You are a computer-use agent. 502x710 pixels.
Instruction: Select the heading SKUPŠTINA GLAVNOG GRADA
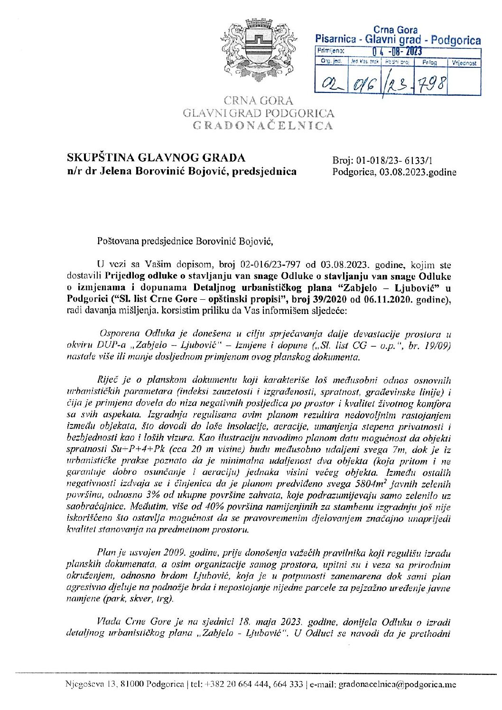coord(157,158)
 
